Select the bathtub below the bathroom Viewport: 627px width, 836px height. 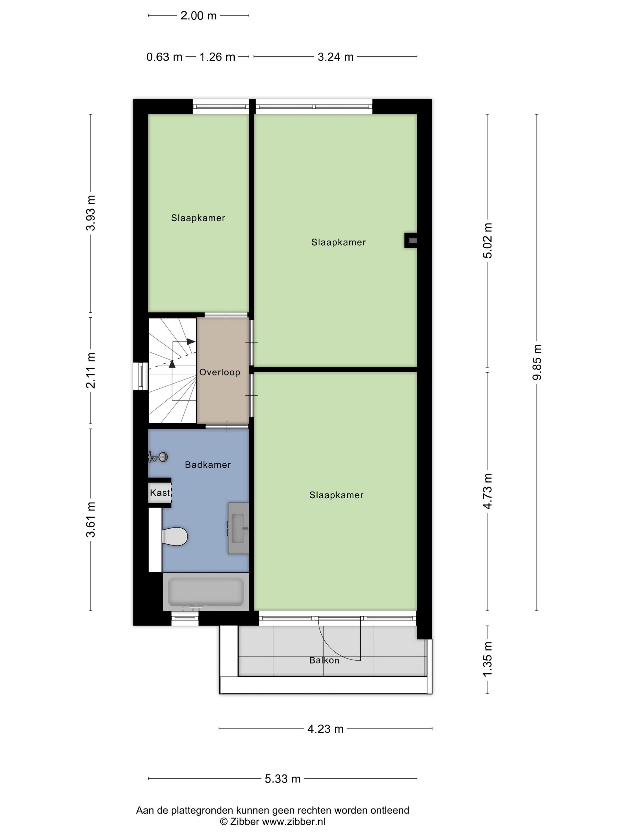[x=206, y=591]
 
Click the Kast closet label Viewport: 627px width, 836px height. [x=159, y=492]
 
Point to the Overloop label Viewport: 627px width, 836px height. [x=219, y=372]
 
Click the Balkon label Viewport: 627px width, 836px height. [x=324, y=660]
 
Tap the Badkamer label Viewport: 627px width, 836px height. [x=208, y=465]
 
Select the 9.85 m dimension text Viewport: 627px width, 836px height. [x=537, y=362]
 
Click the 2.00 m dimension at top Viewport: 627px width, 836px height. [x=199, y=16]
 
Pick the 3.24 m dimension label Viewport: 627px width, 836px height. [x=336, y=57]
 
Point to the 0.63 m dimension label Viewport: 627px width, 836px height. [x=165, y=57]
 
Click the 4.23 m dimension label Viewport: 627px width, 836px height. [x=325, y=729]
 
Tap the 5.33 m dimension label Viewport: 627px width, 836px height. [x=283, y=779]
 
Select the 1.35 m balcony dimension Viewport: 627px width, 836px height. [x=487, y=660]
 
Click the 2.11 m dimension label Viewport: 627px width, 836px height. [x=91, y=371]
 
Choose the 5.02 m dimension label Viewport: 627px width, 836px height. [x=487, y=240]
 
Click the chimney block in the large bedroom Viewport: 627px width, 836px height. [x=411, y=240]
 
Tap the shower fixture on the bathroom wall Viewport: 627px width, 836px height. [x=158, y=457]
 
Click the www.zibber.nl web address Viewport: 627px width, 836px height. [x=294, y=821]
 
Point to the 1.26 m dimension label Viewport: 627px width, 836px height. [x=217, y=57]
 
